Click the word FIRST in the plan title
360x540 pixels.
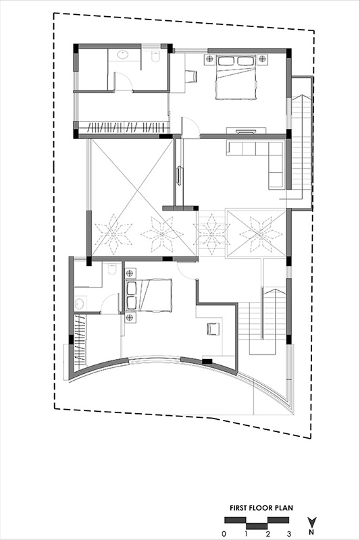pos(238,508)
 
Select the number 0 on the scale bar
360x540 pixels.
pos(224,534)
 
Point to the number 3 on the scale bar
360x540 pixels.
pos(289,534)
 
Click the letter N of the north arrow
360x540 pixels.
pos(312,532)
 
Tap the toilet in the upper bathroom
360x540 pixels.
pos(155,57)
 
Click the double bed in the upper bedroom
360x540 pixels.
pos(236,78)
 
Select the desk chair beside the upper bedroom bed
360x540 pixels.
pos(190,76)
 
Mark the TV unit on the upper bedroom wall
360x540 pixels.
pos(246,130)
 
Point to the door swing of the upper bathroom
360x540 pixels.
pos(123,81)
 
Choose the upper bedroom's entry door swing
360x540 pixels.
pos(190,127)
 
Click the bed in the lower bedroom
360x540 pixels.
pos(149,295)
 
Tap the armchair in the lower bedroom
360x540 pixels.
pos(213,329)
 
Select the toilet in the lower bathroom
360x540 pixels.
pos(112,269)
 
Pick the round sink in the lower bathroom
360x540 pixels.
pos(80,304)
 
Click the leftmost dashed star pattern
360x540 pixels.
pos(113,234)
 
